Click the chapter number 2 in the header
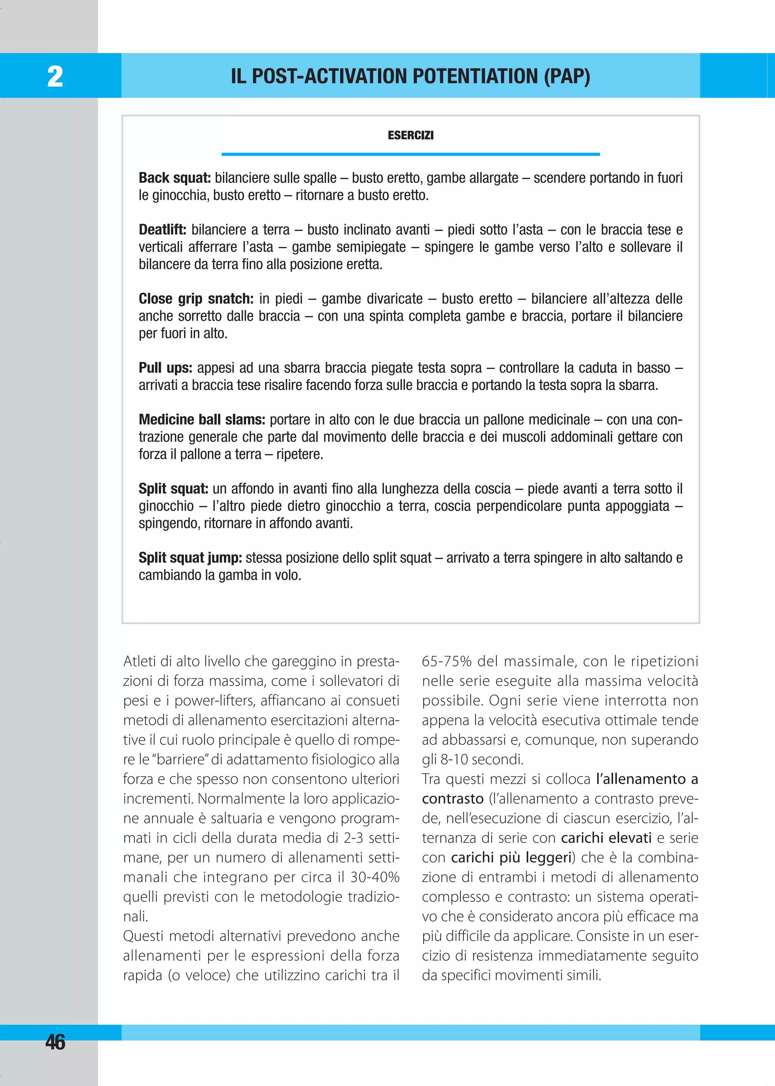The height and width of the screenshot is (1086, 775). (55, 76)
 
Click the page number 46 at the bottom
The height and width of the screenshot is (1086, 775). (55, 1042)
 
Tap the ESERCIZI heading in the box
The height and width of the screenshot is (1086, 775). (411, 135)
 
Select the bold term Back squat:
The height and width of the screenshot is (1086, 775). (175, 178)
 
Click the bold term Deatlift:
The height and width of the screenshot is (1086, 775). (162, 230)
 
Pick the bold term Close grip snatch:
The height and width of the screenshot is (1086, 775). (196, 299)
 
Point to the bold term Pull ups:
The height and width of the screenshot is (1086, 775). (165, 368)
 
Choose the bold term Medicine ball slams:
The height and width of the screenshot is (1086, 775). (201, 420)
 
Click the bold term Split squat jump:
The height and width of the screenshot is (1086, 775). (190, 558)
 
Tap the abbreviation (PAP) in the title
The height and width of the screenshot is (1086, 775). (566, 76)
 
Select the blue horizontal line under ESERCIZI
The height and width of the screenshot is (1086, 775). (411, 154)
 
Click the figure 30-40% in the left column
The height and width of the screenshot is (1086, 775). (375, 877)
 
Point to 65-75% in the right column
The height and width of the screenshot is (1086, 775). (446, 662)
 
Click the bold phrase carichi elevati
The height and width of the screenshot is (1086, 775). (606, 838)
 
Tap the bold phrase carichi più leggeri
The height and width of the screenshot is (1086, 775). (512, 858)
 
